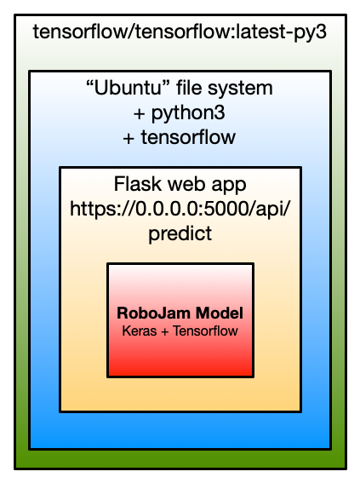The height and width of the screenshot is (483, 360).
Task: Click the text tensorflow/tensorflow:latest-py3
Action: (x=180, y=32)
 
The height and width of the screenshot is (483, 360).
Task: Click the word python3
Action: (x=188, y=113)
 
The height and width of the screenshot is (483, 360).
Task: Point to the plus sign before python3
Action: (x=139, y=114)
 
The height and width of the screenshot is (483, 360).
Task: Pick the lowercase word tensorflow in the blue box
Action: (x=188, y=137)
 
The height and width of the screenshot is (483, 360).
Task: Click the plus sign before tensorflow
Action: (x=129, y=139)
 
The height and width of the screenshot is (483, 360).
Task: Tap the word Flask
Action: (x=138, y=184)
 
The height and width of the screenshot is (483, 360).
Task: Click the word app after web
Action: (x=229, y=186)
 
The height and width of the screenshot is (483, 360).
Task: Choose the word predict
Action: (x=180, y=233)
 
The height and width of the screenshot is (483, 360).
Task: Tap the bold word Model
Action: (x=220, y=313)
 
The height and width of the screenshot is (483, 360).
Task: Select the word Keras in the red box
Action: (x=140, y=331)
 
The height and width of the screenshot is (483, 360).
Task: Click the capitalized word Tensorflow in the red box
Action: (x=205, y=331)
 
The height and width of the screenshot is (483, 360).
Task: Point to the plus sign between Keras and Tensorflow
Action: (x=165, y=331)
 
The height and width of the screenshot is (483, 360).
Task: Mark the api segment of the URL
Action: (x=271, y=210)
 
